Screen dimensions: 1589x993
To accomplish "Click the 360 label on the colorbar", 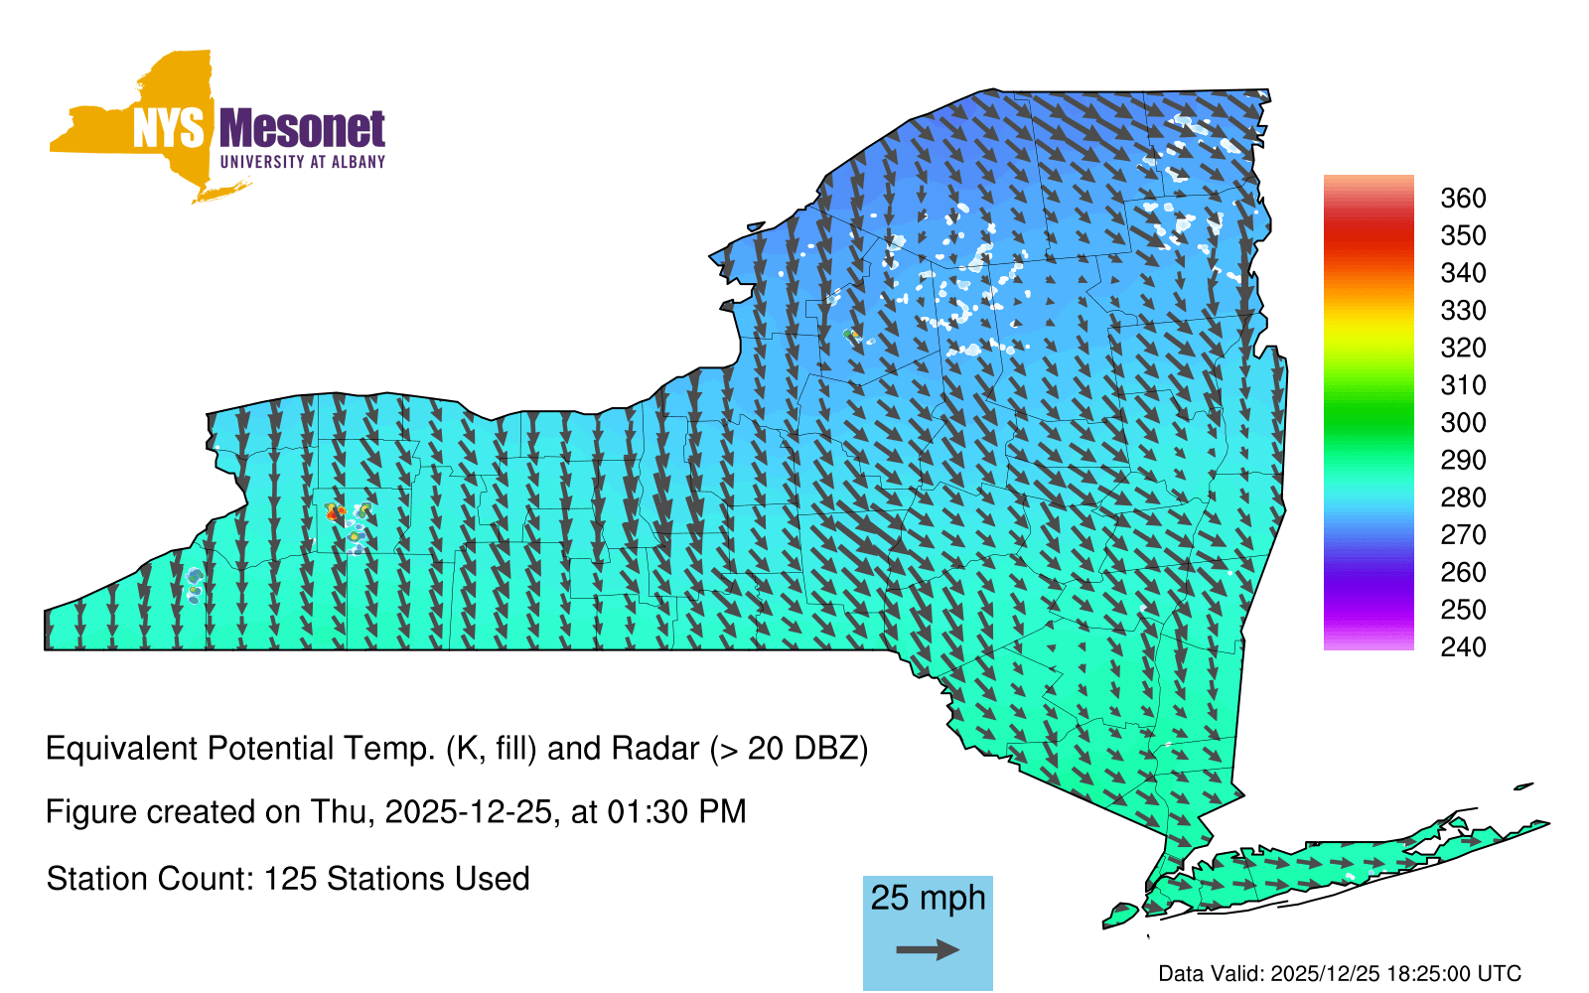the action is click(x=1463, y=198).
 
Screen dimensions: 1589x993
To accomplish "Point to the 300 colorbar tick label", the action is click(x=1463, y=423).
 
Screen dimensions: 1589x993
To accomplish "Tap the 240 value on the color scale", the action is click(x=1463, y=646).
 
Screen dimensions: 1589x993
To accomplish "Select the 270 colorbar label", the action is click(x=1463, y=535).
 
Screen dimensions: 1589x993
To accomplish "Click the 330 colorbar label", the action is click(x=1463, y=311).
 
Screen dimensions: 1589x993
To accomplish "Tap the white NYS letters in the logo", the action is click(x=169, y=129).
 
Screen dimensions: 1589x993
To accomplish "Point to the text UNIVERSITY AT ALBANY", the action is click(x=303, y=162).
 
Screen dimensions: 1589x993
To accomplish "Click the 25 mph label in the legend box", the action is click(x=928, y=899).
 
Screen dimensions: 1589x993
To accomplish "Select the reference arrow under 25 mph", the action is click(x=928, y=949).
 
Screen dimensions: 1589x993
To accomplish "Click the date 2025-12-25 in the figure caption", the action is click(x=468, y=812).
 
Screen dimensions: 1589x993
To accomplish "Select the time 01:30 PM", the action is click(x=676, y=812).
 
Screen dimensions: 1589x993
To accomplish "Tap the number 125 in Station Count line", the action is click(x=287, y=879).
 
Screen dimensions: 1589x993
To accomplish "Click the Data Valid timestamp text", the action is click(x=1340, y=974).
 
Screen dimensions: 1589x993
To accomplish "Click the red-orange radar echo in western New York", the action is click(x=334, y=512).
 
